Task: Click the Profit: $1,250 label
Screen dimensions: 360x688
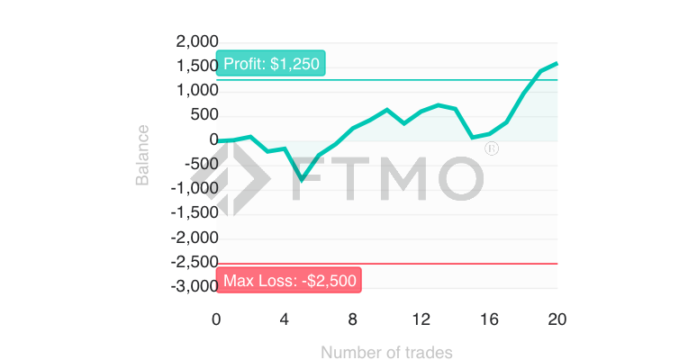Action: (x=270, y=65)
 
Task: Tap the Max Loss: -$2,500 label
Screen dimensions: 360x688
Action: (x=289, y=280)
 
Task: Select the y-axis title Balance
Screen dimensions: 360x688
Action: (x=142, y=156)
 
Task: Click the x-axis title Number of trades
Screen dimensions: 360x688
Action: (x=386, y=352)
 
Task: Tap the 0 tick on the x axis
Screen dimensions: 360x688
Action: (x=216, y=319)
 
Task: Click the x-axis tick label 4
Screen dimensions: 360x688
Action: (x=285, y=319)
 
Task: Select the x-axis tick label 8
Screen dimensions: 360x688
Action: (x=353, y=319)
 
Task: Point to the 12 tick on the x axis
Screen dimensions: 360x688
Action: (x=421, y=319)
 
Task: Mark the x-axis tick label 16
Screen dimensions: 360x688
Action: (x=489, y=319)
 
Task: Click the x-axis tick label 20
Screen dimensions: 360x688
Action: (x=557, y=319)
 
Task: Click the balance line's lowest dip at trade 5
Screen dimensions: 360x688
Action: (x=302, y=180)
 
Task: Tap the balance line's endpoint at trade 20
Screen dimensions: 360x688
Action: (x=557, y=63)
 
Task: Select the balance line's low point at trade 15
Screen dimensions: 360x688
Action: (x=472, y=138)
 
